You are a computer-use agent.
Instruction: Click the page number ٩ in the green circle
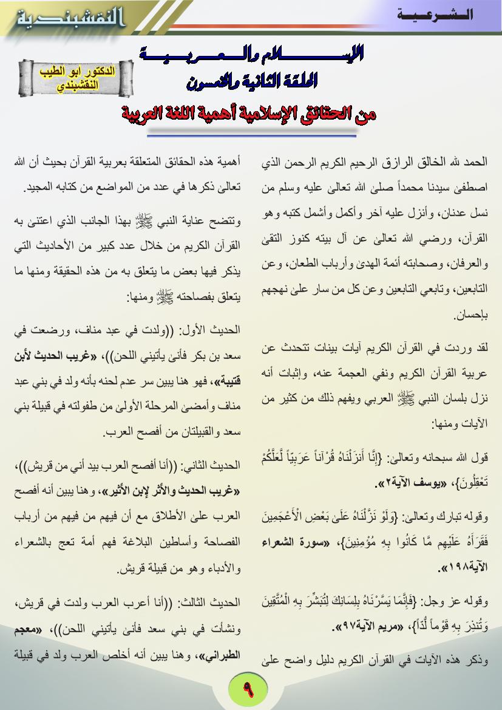249,690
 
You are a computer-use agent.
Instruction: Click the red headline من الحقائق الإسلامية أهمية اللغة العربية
249,114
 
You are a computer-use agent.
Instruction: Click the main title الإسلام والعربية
253,56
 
